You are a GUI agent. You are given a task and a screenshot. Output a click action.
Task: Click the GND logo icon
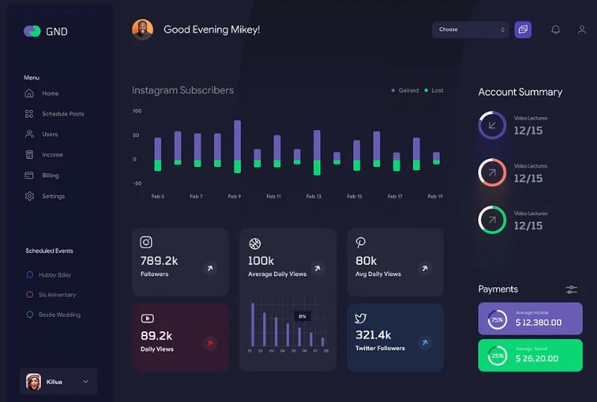point(32,31)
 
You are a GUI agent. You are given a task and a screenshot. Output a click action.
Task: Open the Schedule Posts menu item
point(63,114)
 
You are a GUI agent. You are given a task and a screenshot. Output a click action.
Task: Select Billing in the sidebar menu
point(50,175)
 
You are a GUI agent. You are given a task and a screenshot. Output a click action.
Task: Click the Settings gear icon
point(30,196)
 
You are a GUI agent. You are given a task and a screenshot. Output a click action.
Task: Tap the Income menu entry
point(52,155)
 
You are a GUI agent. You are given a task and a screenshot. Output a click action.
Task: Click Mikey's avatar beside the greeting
point(142,30)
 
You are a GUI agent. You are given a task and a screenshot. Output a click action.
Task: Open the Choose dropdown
point(471,30)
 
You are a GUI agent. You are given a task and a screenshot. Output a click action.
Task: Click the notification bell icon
point(555,30)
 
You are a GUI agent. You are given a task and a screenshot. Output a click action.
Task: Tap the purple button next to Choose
point(523,30)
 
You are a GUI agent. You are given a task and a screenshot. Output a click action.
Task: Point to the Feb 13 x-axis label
point(314,197)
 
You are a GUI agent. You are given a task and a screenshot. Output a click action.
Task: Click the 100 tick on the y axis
point(137,111)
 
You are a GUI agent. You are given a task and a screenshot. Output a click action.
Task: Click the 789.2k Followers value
point(159,261)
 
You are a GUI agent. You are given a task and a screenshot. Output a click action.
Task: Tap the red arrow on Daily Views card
point(210,343)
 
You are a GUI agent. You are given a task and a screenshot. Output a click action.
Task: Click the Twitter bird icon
point(360,319)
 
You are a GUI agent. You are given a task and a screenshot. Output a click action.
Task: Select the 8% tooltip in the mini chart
point(302,316)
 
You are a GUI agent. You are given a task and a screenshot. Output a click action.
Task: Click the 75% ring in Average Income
point(497,320)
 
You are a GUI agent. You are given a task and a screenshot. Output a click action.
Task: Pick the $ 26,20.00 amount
point(538,358)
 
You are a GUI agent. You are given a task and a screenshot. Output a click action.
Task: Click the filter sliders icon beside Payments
point(571,290)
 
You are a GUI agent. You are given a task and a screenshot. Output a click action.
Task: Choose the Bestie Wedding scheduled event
point(59,315)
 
